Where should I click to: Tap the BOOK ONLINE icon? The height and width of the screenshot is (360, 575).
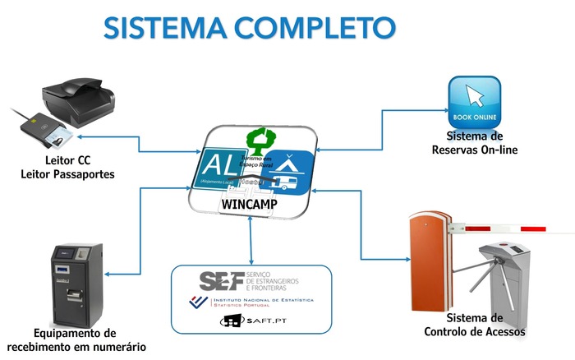click(474, 102)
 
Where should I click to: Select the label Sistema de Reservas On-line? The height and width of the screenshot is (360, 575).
click(468, 143)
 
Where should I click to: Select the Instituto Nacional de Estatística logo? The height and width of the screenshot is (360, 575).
click(250, 302)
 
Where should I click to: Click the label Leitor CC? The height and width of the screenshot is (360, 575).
click(67, 160)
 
